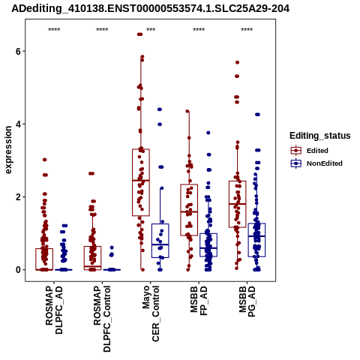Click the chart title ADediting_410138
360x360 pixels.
[x=150, y=8]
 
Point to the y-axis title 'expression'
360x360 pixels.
[x=8, y=150]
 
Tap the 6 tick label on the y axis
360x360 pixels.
[x=18, y=51]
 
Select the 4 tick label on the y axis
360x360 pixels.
[x=18, y=124]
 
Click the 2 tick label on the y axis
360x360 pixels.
[x=18, y=197]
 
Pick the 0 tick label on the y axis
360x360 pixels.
[x=18, y=270]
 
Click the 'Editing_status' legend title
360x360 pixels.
[x=320, y=136]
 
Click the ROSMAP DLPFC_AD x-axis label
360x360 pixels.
[x=54, y=310]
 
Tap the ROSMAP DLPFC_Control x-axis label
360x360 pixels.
[x=102, y=319]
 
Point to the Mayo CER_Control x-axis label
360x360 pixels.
[x=151, y=313]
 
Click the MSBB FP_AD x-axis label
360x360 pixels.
[x=199, y=301]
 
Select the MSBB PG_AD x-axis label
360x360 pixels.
[x=247, y=301]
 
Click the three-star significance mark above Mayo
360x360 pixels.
[x=151, y=30]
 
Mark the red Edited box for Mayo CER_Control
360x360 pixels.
[x=141, y=182]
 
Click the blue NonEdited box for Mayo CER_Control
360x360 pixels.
[x=160, y=241]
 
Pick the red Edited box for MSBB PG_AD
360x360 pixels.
[x=238, y=204]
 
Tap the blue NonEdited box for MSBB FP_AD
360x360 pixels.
[x=208, y=244]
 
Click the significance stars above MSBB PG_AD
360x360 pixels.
[x=247, y=30]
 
